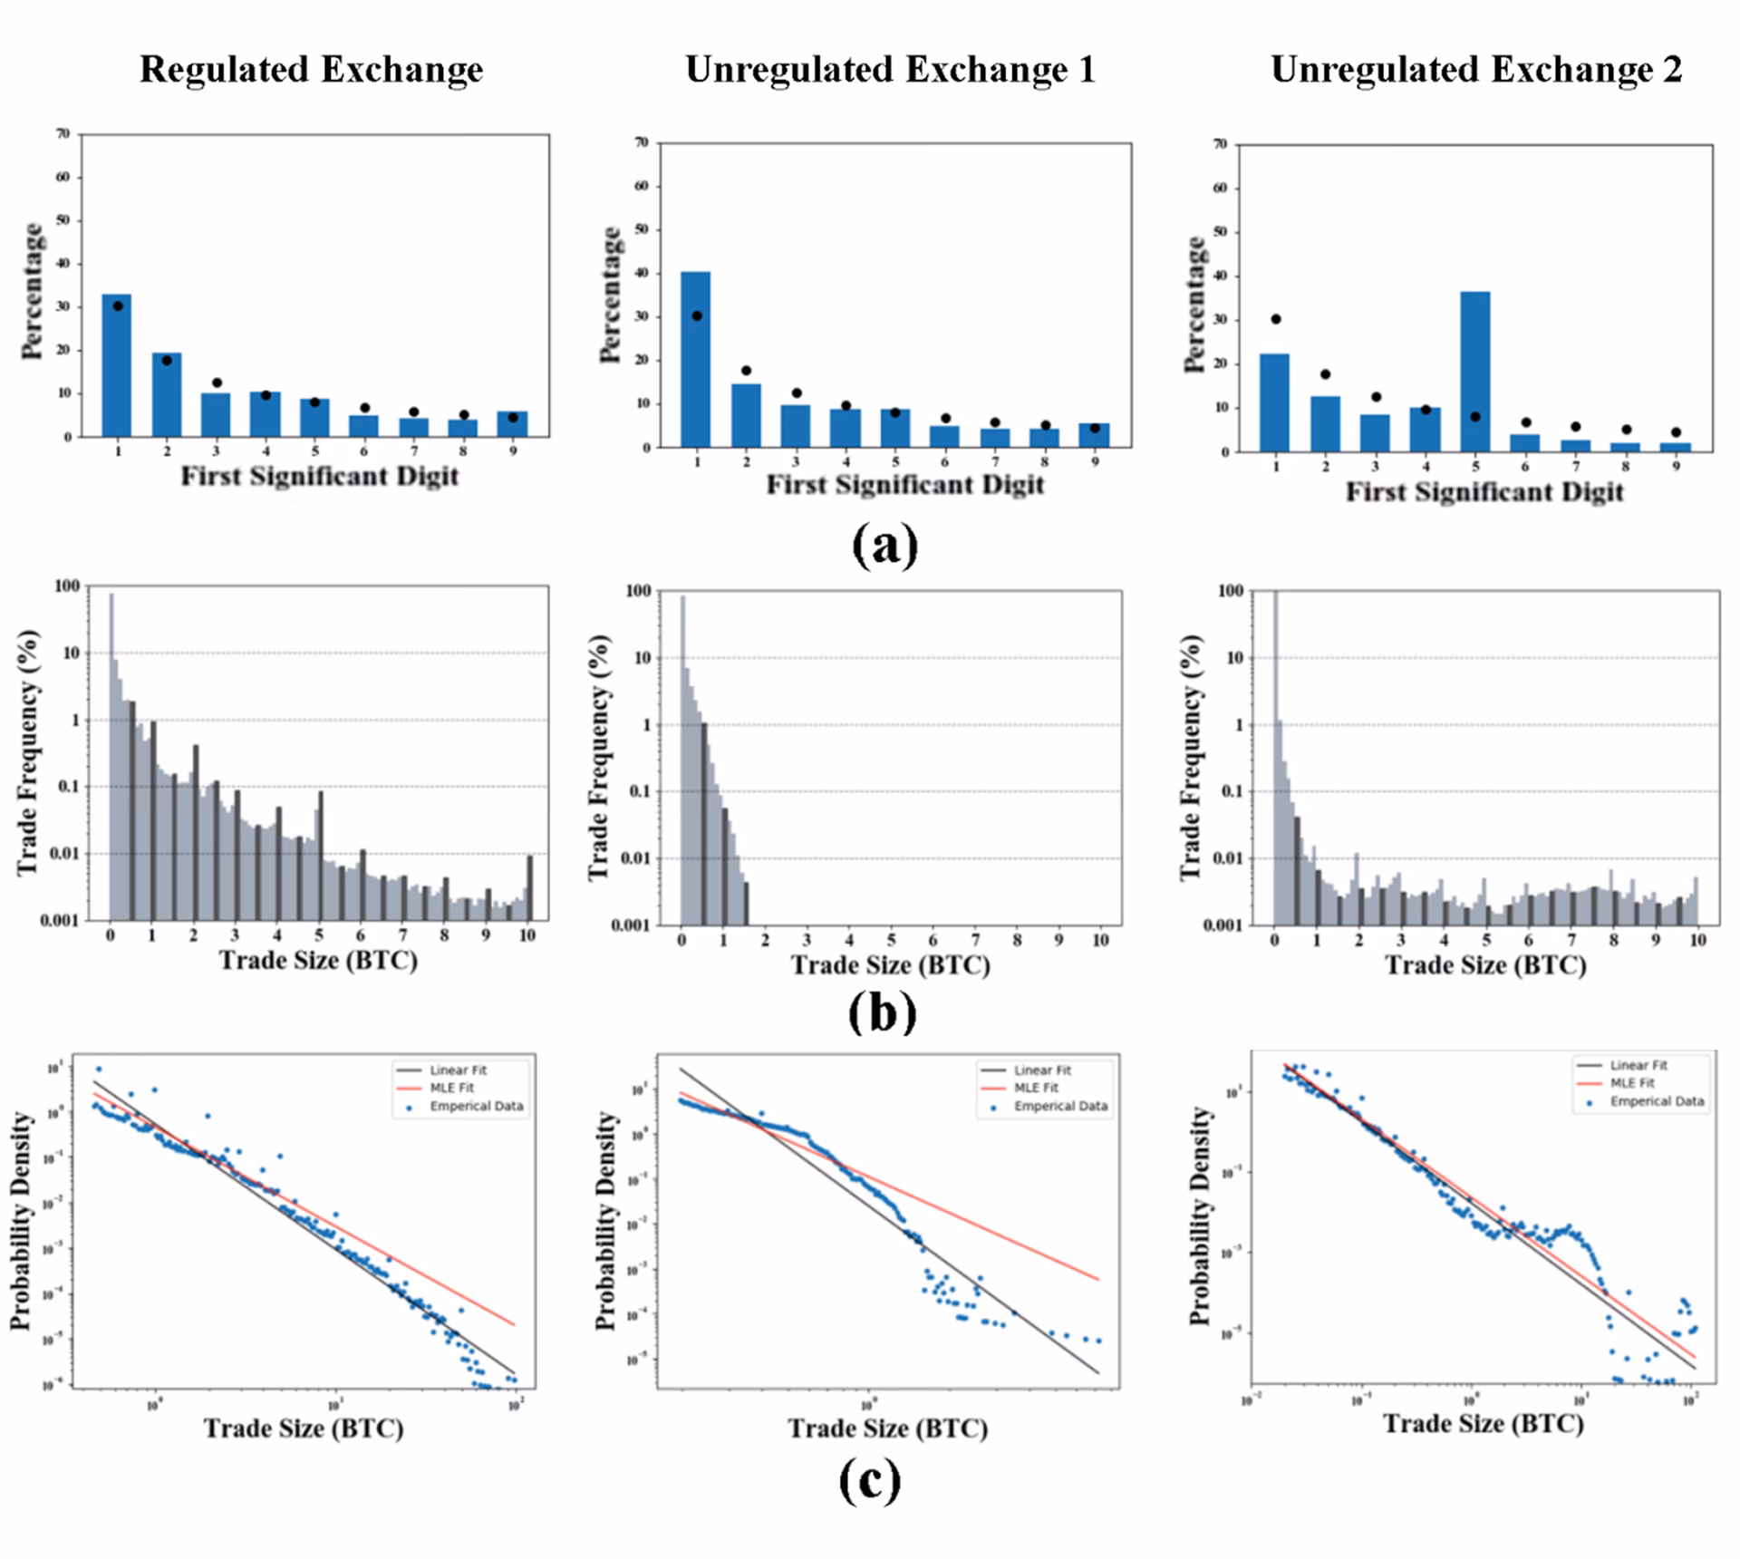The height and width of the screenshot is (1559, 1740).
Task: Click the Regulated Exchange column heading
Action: coord(311,70)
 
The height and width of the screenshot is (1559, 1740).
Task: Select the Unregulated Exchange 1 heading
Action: coord(890,70)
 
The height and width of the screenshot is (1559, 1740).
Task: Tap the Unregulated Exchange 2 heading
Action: coord(1476,70)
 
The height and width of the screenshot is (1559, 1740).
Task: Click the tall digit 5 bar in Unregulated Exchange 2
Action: coord(1475,372)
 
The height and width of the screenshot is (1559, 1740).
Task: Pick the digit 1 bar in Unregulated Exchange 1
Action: coord(696,360)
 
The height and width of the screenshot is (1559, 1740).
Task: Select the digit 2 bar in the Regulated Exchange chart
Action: coord(167,395)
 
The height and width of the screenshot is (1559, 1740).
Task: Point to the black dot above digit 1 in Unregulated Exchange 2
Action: coord(1275,319)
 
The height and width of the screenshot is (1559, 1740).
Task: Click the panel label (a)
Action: coord(884,546)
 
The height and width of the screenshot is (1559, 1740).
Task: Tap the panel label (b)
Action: coord(882,1013)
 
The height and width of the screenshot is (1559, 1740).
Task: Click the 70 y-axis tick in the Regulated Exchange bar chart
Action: coord(63,134)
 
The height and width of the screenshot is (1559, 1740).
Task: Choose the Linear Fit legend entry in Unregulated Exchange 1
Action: coord(1042,1070)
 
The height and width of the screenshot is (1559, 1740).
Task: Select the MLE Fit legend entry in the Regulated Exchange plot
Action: coord(452,1088)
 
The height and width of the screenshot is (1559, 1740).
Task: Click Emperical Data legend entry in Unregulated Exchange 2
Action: coord(1657,1101)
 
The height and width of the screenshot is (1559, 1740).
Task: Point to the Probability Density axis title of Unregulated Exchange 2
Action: coord(1200,1216)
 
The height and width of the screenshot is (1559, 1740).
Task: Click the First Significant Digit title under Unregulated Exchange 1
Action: coord(905,485)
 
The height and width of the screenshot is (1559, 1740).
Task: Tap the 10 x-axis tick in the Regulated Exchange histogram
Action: coord(527,935)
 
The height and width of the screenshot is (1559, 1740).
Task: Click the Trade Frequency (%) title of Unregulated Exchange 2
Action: coord(1192,758)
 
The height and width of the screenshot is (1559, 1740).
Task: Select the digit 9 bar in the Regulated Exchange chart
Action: coord(513,424)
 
